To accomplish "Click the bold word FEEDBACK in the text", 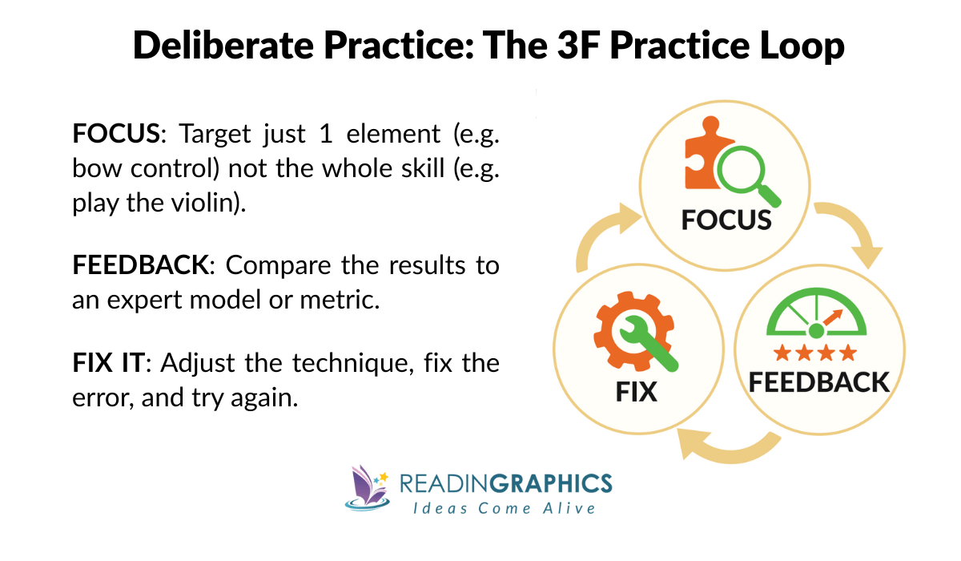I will (x=139, y=265).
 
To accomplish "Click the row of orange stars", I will (x=815, y=353).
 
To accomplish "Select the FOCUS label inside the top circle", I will (x=726, y=220).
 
